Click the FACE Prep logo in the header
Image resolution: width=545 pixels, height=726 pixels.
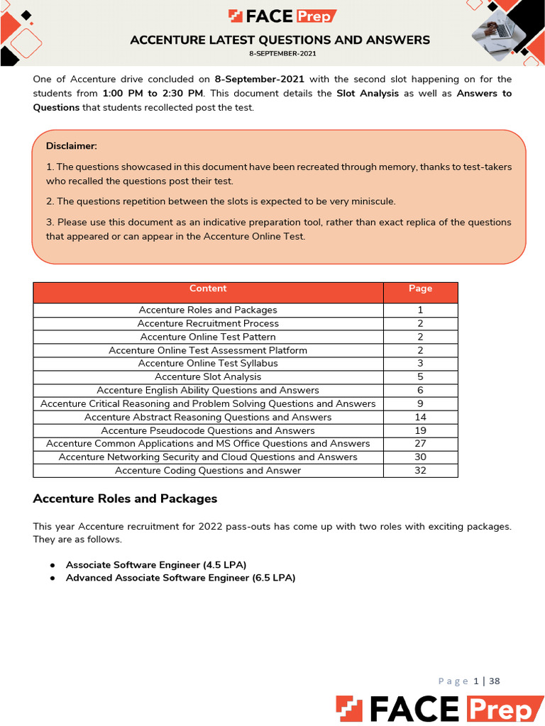click(x=282, y=16)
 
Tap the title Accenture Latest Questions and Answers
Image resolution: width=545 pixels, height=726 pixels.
click(x=280, y=40)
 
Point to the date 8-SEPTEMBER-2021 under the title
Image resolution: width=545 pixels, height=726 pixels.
click(x=282, y=54)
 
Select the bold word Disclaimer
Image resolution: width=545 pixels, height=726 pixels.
click(x=72, y=146)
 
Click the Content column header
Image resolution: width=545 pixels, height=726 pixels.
click(x=208, y=289)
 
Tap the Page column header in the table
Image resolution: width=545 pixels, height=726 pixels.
click(x=420, y=289)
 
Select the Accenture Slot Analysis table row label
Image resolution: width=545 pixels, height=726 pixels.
click(x=208, y=377)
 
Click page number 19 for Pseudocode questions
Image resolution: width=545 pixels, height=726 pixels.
click(x=420, y=430)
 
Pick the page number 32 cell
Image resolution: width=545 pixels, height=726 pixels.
click(x=420, y=471)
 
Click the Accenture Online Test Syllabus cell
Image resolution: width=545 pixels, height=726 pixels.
click(x=208, y=364)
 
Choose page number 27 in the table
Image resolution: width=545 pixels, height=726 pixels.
click(x=420, y=444)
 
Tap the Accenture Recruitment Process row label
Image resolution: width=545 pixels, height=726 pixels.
click(x=208, y=323)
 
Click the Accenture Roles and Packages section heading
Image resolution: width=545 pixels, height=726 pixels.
click(x=125, y=499)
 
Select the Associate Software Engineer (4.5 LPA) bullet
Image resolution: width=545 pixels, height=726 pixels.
click(x=156, y=565)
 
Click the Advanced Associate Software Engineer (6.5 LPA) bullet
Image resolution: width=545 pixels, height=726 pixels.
click(x=180, y=578)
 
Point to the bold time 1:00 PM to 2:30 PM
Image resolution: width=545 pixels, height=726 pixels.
click(x=153, y=94)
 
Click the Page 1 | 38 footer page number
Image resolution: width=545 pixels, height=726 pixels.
click(x=469, y=681)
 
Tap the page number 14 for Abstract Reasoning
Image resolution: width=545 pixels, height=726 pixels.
click(x=420, y=418)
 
